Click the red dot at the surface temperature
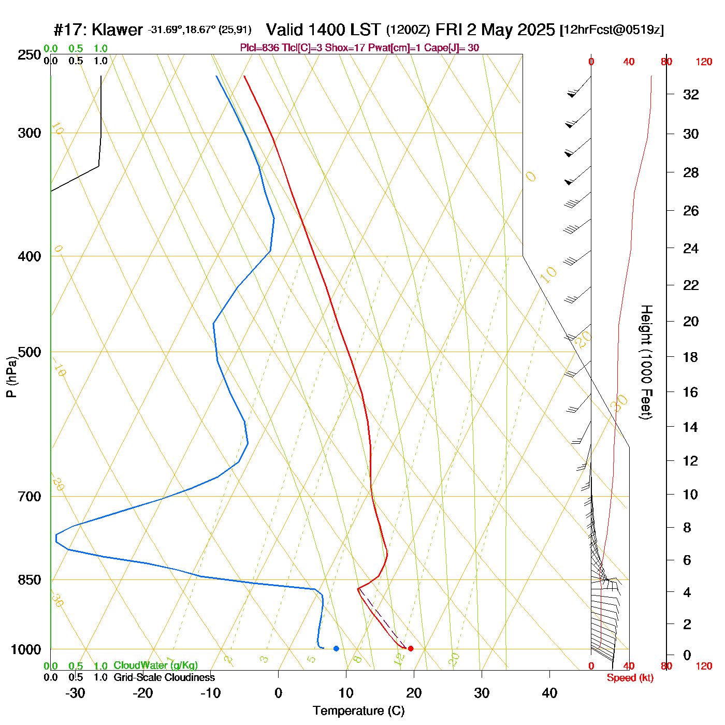pyautogui.click(x=411, y=648)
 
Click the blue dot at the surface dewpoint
pyautogui.click(x=336, y=648)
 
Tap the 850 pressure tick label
pyautogui.click(x=30, y=580)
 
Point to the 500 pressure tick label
pyautogui.click(x=30, y=352)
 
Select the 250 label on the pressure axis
pyautogui.click(x=30, y=55)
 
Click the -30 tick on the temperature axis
pyautogui.click(x=75, y=693)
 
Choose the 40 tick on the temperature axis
pyautogui.click(x=549, y=693)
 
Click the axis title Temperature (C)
pyautogui.click(x=358, y=711)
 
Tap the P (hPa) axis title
pyautogui.click(x=11, y=377)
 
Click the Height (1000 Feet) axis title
pyautogui.click(x=646, y=362)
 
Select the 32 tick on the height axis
pyautogui.click(x=691, y=94)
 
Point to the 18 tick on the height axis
pyautogui.click(x=691, y=357)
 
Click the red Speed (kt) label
pyautogui.click(x=630, y=678)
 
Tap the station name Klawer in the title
pyautogui.click(x=117, y=30)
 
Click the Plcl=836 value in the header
pyautogui.click(x=259, y=48)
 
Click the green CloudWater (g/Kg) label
pyautogui.click(x=155, y=665)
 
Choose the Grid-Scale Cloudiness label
pyautogui.click(x=164, y=677)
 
